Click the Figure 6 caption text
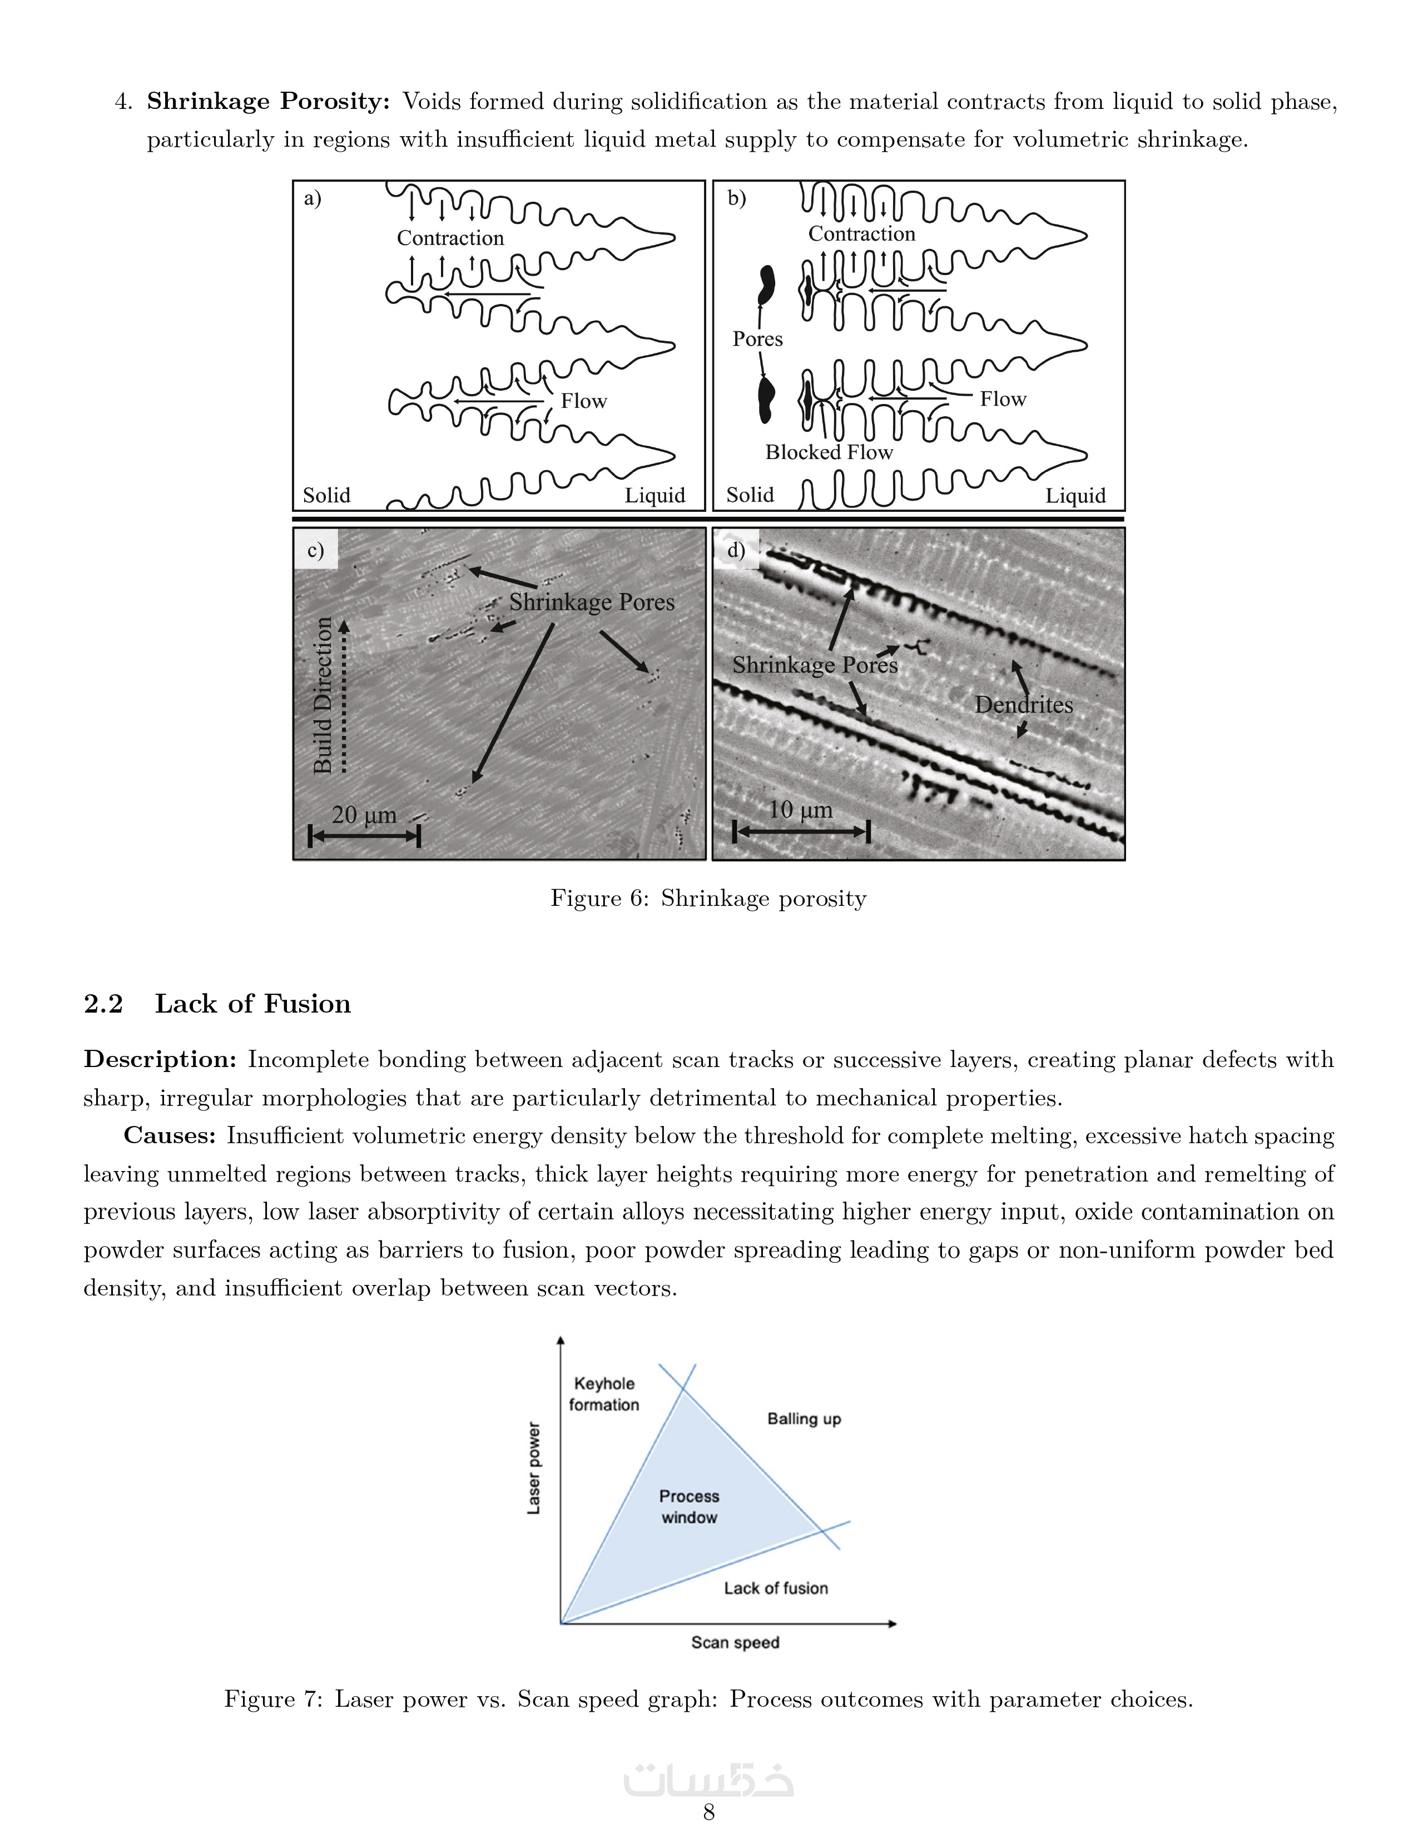[x=708, y=899]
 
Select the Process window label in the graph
[x=689, y=1507]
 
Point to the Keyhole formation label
[x=604, y=1394]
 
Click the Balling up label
[x=804, y=1419]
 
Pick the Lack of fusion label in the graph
[x=775, y=1588]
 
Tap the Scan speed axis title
[x=735, y=1642]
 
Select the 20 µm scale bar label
[x=364, y=815]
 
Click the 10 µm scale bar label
[x=801, y=810]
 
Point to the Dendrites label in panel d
[x=1023, y=705]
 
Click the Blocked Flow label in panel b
[x=829, y=452]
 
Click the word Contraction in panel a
[x=450, y=238]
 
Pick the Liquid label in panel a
[x=655, y=495]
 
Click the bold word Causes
[x=170, y=1135]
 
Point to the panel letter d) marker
[x=736, y=550]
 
